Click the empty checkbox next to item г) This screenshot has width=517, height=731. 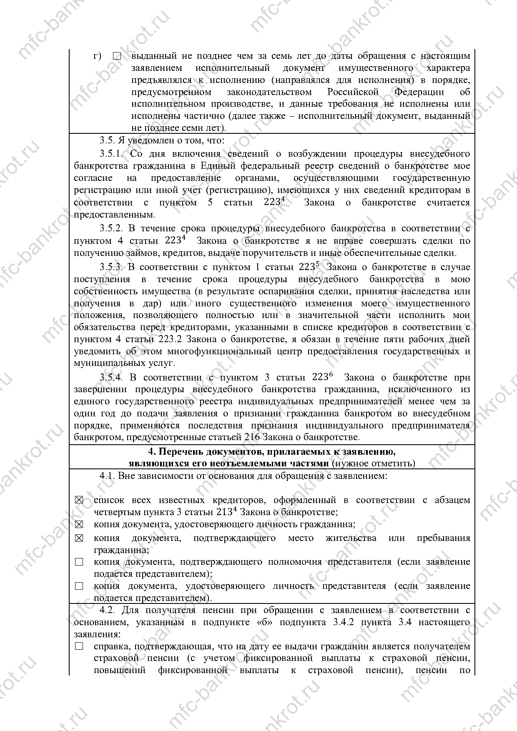117,56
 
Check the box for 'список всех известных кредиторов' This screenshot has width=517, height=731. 79,500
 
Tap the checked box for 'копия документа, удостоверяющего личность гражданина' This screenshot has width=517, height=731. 79,524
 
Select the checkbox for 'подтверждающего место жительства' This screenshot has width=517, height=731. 79,538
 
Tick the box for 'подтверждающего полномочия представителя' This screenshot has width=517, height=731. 79,562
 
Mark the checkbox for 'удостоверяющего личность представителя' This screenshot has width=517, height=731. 79,586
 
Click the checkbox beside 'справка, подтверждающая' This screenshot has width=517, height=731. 79,646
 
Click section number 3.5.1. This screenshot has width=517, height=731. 111,154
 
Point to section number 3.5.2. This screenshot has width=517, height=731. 111,228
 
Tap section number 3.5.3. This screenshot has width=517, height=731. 111,267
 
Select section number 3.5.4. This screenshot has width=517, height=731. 111,378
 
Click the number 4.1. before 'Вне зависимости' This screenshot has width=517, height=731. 107,476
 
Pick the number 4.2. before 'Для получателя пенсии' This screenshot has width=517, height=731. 108,610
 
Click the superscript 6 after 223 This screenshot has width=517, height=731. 331,374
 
